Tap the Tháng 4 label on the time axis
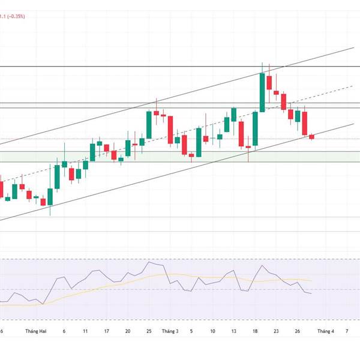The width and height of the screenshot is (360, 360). click(x=326, y=331)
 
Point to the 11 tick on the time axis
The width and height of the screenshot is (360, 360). click(x=85, y=331)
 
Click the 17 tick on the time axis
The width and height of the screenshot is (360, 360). click(x=106, y=331)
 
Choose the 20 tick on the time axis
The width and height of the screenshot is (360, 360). click(x=128, y=331)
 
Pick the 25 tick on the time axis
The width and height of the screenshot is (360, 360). click(x=149, y=331)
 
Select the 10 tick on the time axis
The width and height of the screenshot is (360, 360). click(x=212, y=331)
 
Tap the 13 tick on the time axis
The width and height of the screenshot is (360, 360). click(x=233, y=331)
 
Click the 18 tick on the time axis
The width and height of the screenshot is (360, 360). click(x=255, y=331)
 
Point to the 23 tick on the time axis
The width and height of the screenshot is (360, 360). click(x=276, y=331)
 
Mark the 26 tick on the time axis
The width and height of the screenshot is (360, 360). click(x=298, y=331)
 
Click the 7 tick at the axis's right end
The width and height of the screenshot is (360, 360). click(x=347, y=331)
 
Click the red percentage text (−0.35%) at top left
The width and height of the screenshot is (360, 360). click(x=13, y=17)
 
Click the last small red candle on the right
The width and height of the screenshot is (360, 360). click(x=311, y=137)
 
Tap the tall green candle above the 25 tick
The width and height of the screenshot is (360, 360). click(x=149, y=125)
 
